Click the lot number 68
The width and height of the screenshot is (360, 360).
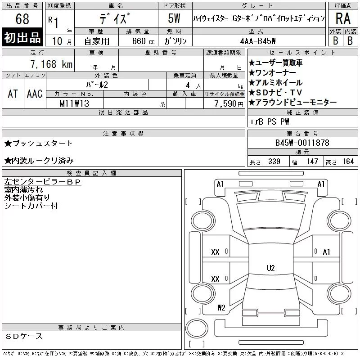(22, 18)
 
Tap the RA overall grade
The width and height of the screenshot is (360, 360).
(343, 18)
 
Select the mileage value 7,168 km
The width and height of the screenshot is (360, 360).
(51, 64)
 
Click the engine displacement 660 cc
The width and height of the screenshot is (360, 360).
(143, 41)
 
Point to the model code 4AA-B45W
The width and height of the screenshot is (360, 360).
(258, 41)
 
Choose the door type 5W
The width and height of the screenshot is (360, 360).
(174, 18)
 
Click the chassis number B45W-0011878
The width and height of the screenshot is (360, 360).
(302, 143)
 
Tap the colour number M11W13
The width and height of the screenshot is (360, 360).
(74, 103)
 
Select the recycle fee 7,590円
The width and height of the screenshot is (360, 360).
(229, 104)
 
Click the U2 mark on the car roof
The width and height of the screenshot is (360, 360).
(271, 268)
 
